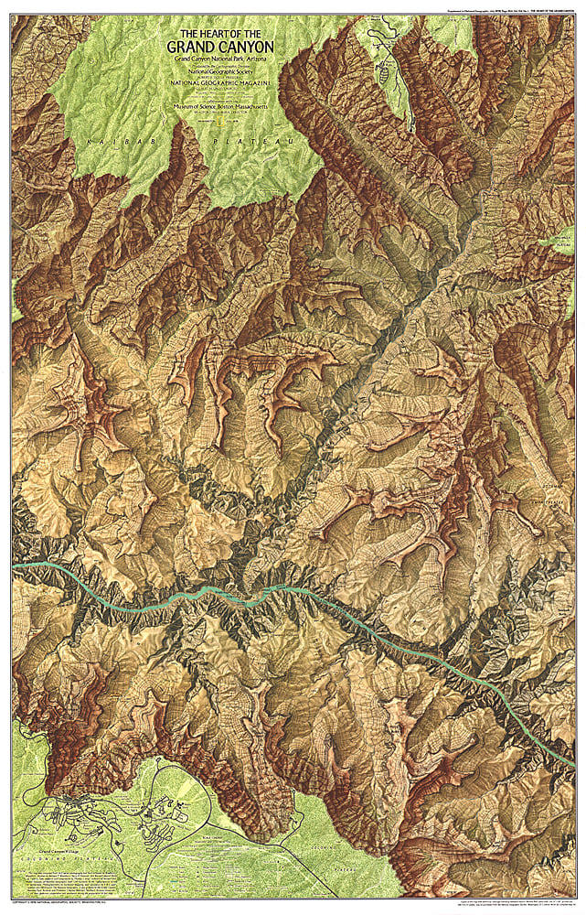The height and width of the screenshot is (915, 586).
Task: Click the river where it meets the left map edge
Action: tap(15, 567)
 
